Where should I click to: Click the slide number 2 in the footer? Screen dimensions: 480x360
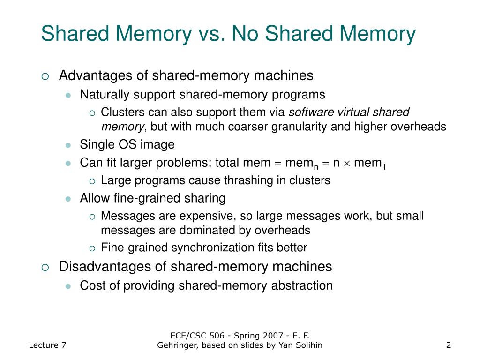tap(449, 345)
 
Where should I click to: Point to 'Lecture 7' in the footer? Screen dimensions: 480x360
tap(47, 345)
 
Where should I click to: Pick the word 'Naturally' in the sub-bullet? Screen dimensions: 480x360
tap(105, 95)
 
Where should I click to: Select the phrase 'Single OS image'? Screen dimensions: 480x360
tap(127, 144)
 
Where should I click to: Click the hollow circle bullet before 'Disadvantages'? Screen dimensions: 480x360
tap(45, 267)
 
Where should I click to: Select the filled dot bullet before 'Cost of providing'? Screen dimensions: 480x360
tap(68, 286)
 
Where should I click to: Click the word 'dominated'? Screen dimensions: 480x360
tap(209, 231)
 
